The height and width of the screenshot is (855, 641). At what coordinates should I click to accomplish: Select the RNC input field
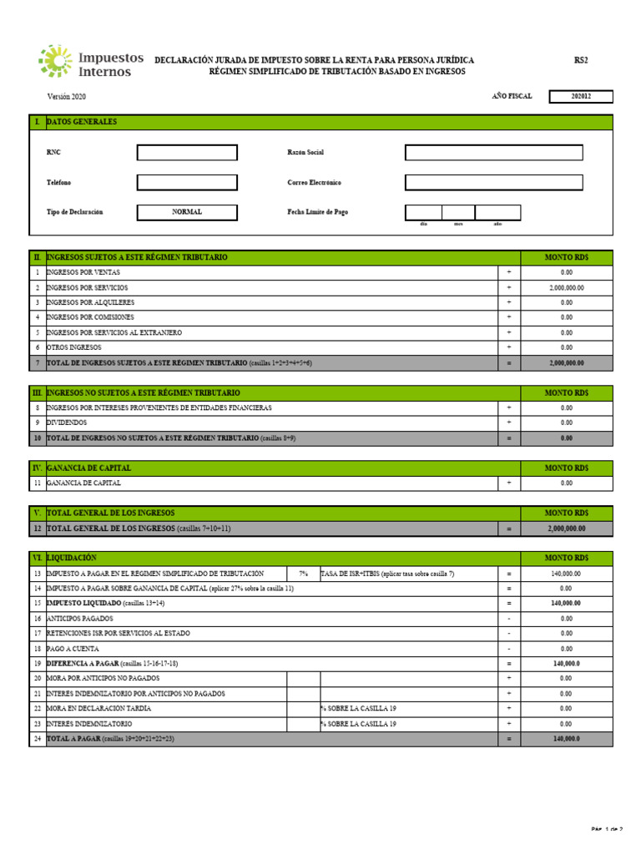[187, 153]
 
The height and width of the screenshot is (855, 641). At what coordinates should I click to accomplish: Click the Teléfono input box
[187, 182]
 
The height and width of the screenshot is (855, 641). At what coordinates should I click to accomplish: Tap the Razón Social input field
[493, 153]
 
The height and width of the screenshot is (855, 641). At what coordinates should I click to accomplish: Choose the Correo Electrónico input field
[493, 182]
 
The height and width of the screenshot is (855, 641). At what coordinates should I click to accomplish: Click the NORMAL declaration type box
[187, 212]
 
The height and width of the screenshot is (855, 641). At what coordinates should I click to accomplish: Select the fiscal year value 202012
[581, 97]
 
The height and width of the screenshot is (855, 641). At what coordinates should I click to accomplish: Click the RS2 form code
[581, 60]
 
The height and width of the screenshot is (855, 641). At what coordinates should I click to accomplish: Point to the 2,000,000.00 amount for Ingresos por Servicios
[567, 287]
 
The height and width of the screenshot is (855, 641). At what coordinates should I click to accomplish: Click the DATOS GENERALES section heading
[82, 122]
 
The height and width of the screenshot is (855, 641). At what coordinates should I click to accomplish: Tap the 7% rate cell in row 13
[303, 574]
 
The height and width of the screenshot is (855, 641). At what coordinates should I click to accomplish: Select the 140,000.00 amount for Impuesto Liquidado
[567, 604]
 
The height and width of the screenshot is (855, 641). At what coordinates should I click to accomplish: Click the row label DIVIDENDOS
[67, 422]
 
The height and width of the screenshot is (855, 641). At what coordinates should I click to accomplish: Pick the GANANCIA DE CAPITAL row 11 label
[83, 483]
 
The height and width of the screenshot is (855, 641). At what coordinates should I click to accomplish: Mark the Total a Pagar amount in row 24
[567, 739]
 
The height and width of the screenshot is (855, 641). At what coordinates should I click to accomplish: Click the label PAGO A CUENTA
[73, 649]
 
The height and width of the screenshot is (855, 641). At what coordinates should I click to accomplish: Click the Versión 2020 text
[66, 97]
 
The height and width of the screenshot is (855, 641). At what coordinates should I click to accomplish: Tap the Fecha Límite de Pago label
[318, 212]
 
